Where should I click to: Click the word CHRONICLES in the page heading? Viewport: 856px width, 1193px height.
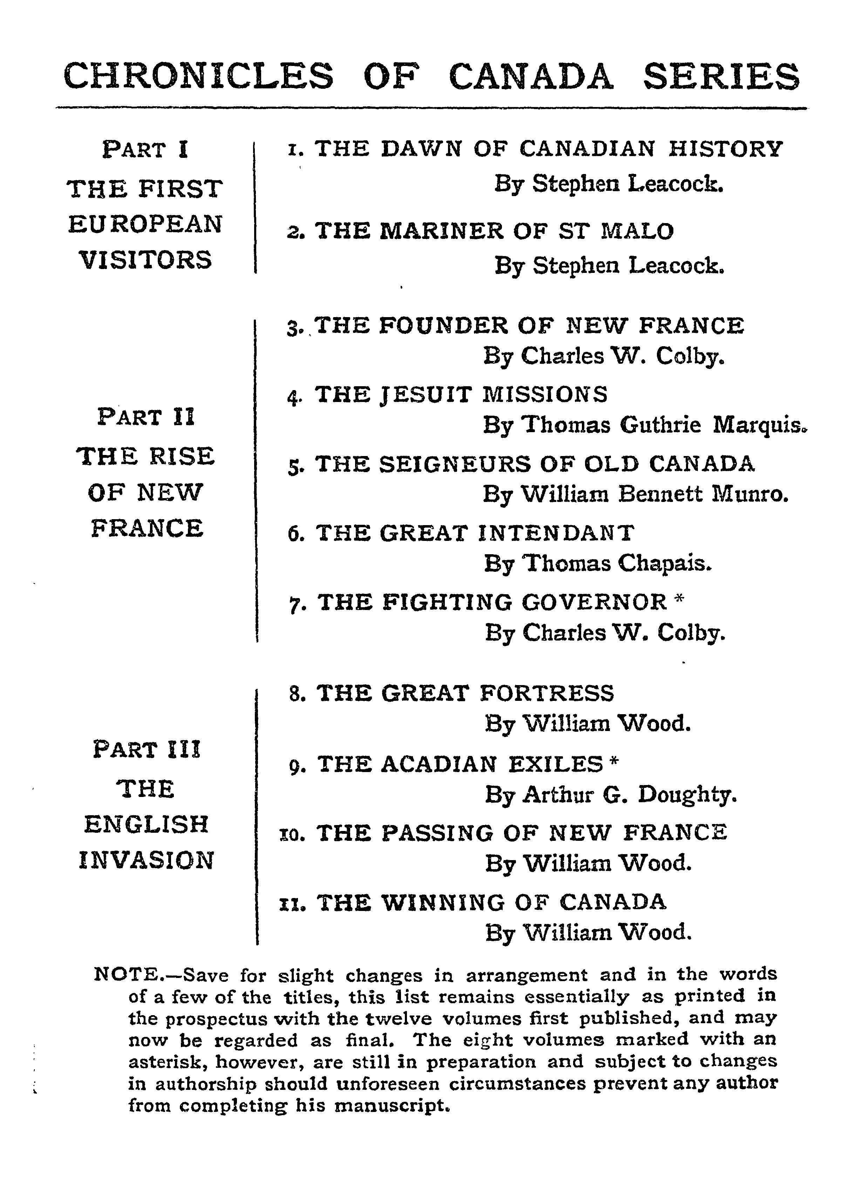pos(198,76)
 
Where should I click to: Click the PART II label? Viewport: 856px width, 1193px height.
pos(146,418)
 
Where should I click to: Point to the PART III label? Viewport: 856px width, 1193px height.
pos(147,750)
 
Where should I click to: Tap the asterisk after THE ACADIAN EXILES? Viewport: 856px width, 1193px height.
pos(613,761)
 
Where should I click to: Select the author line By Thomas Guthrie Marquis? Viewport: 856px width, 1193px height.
pos(645,425)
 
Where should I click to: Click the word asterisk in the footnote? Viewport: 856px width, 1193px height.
pos(163,1061)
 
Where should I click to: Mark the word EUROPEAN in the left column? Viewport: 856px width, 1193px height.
pos(145,224)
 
